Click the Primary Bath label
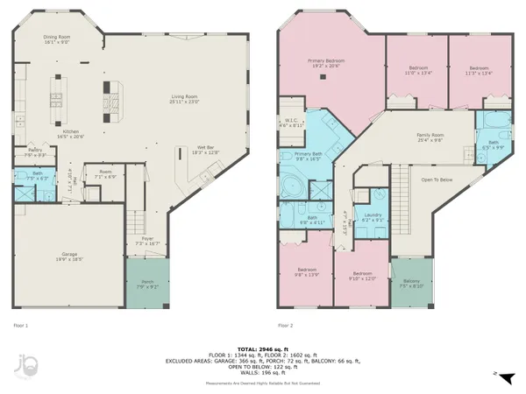(x=296, y=155)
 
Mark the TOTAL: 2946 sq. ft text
(x=263, y=348)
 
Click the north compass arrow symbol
(x=495, y=374)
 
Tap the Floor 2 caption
(x=284, y=326)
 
